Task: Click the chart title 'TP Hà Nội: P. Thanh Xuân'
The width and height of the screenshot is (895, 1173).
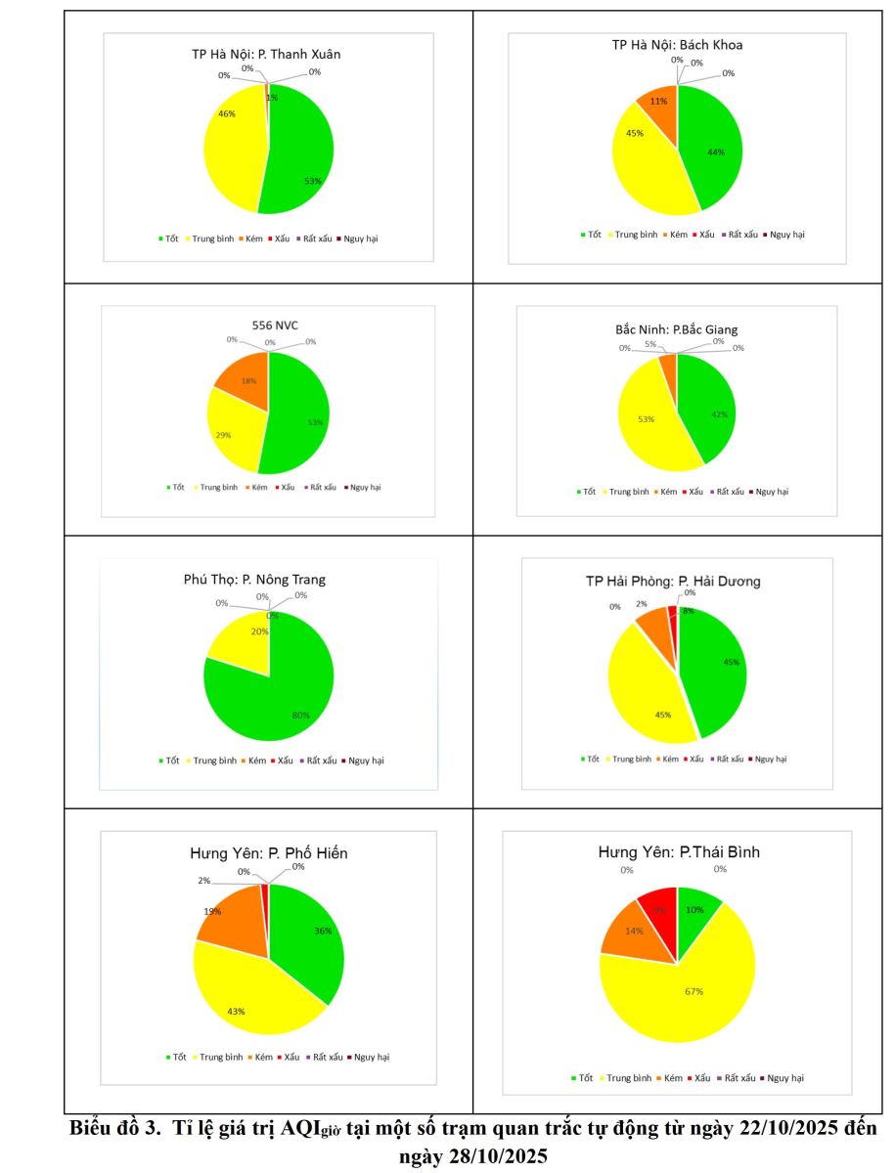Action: [266, 54]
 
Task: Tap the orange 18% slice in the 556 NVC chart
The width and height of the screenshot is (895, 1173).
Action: [241, 375]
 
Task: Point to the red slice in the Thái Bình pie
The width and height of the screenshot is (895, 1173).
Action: [658, 907]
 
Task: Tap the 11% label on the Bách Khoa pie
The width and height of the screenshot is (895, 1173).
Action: [658, 101]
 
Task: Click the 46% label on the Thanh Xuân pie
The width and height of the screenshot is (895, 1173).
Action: [225, 114]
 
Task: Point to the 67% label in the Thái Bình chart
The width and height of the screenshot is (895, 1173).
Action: [694, 991]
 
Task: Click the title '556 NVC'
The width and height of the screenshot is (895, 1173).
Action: [268, 324]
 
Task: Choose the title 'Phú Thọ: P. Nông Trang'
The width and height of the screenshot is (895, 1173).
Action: [254, 580]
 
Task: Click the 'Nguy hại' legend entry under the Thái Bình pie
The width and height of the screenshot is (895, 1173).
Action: [784, 1077]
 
